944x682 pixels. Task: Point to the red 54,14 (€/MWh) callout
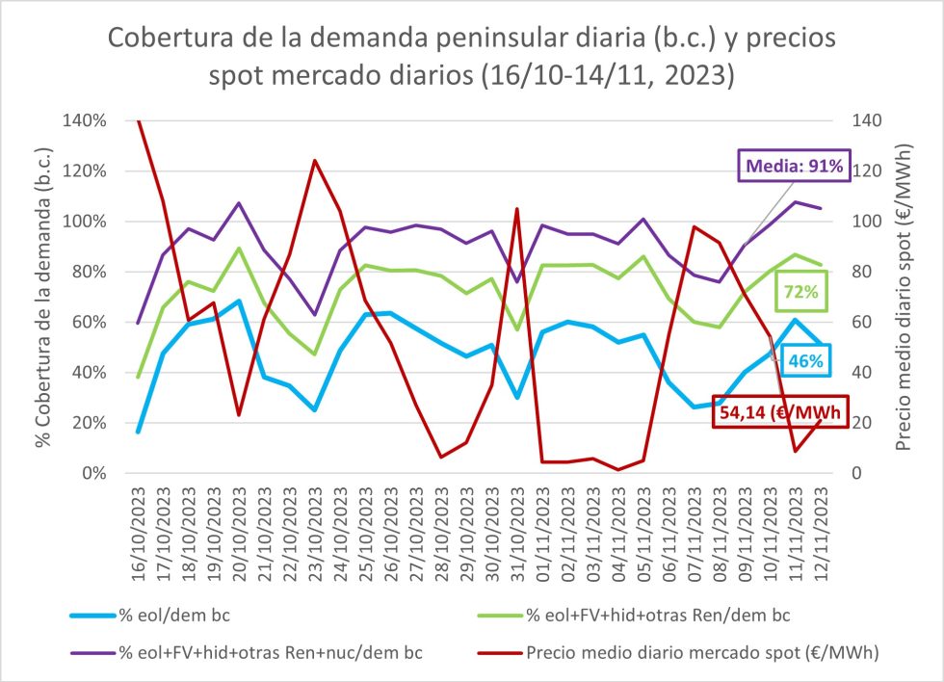[779, 414]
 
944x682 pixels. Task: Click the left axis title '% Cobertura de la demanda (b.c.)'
[42, 297]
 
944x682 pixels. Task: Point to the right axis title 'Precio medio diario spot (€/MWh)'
[905, 297]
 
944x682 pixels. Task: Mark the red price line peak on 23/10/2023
[315, 160]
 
